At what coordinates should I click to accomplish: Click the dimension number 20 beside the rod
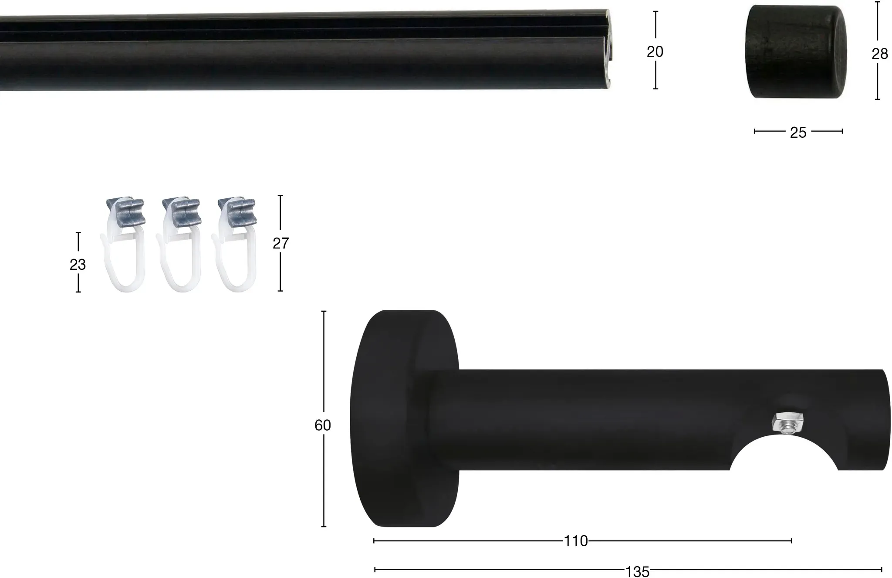(655, 52)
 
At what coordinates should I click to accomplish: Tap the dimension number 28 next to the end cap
(879, 54)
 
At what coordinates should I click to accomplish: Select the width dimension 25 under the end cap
(798, 133)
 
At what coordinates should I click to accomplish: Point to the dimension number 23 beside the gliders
(78, 265)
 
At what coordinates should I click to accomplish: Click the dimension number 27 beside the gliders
(280, 243)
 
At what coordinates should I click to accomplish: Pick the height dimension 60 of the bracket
(323, 425)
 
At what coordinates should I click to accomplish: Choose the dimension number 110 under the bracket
(576, 541)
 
